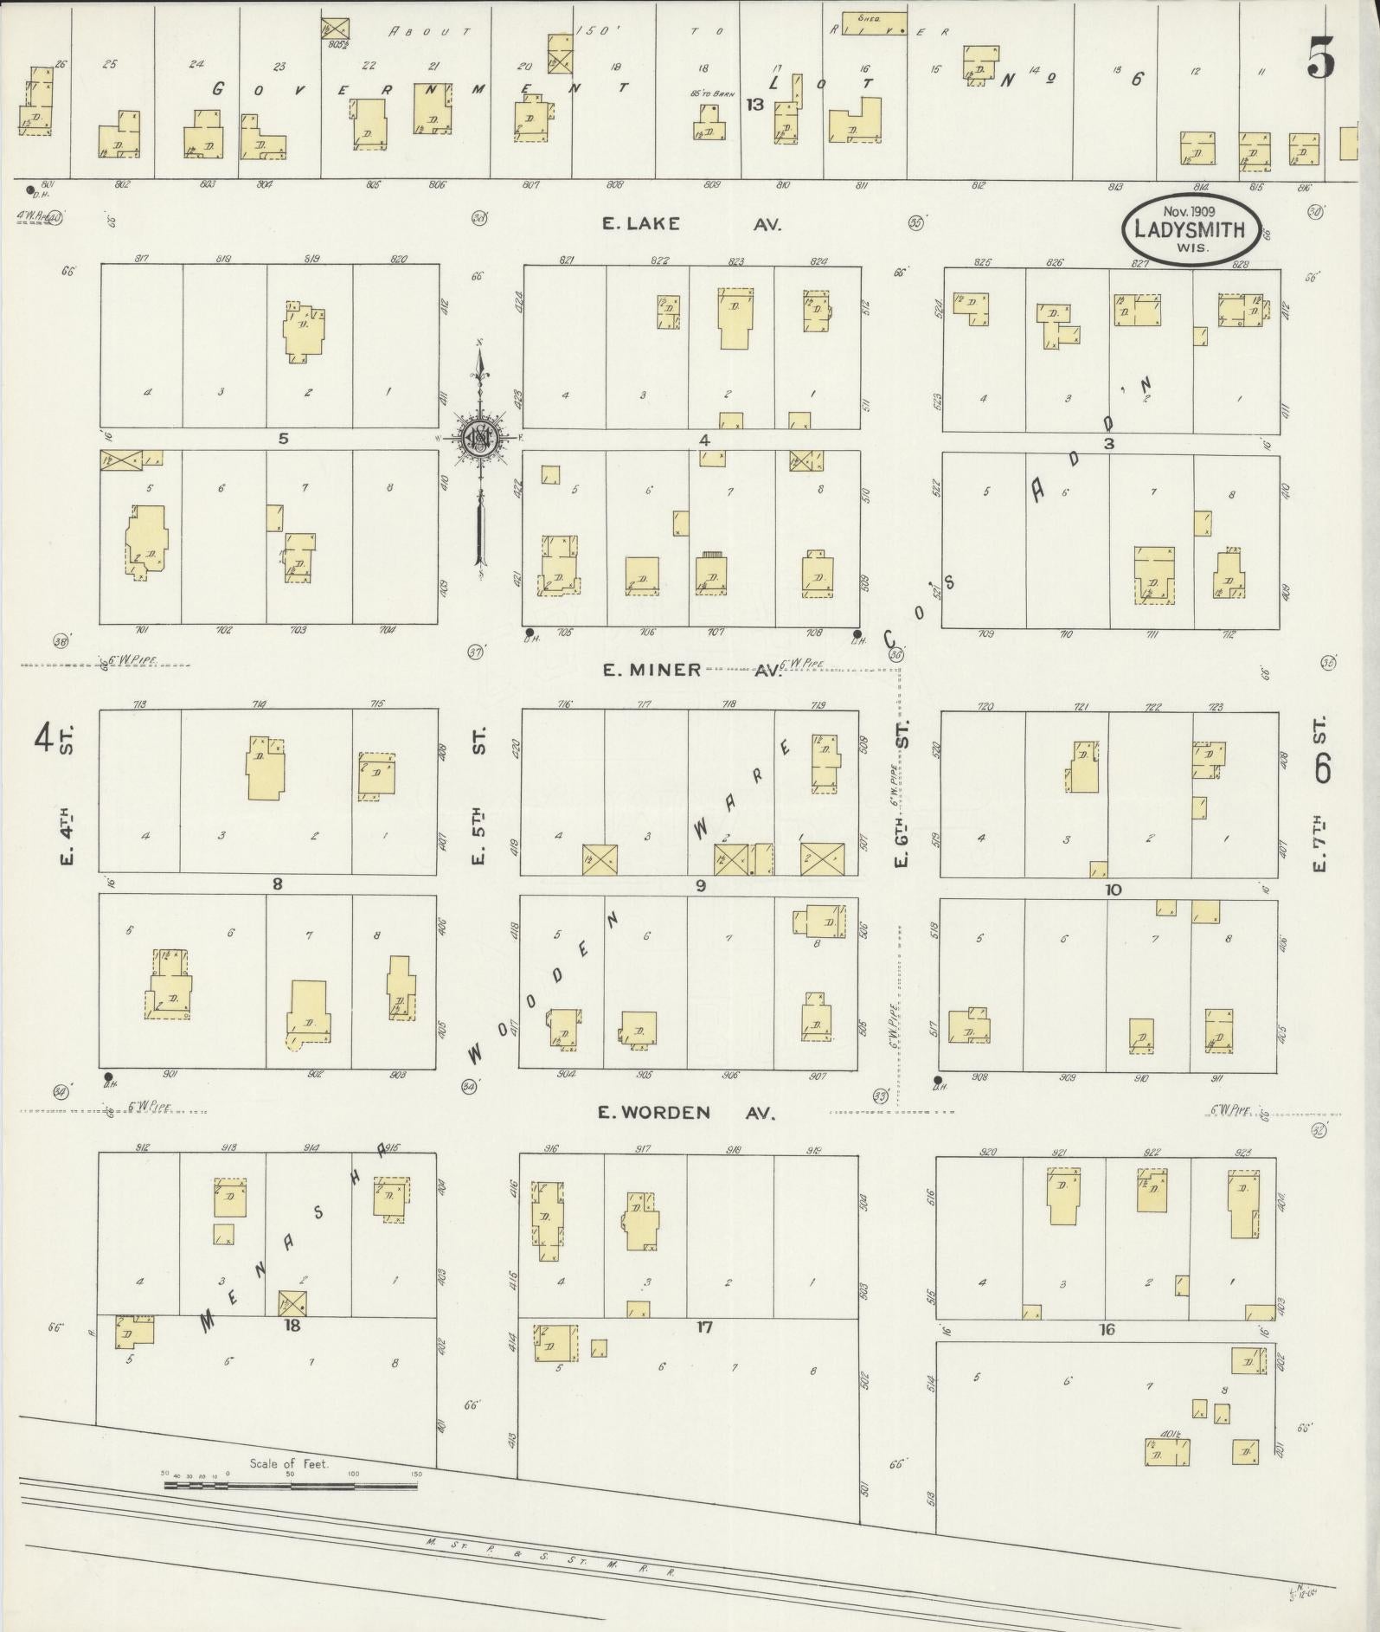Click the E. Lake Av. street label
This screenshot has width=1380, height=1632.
[692, 224]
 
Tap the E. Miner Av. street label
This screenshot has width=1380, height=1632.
[691, 671]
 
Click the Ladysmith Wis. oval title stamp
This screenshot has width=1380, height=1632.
[1190, 229]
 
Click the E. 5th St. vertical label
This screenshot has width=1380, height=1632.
[480, 796]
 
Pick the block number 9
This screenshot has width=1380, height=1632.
[700, 885]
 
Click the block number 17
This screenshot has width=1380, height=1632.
[704, 1327]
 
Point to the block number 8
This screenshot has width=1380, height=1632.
[277, 884]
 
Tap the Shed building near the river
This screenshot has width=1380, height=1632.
[875, 18]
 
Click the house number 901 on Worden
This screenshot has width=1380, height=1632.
[170, 1075]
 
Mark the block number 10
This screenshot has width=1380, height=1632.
[1113, 889]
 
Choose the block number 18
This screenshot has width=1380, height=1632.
[292, 1325]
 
